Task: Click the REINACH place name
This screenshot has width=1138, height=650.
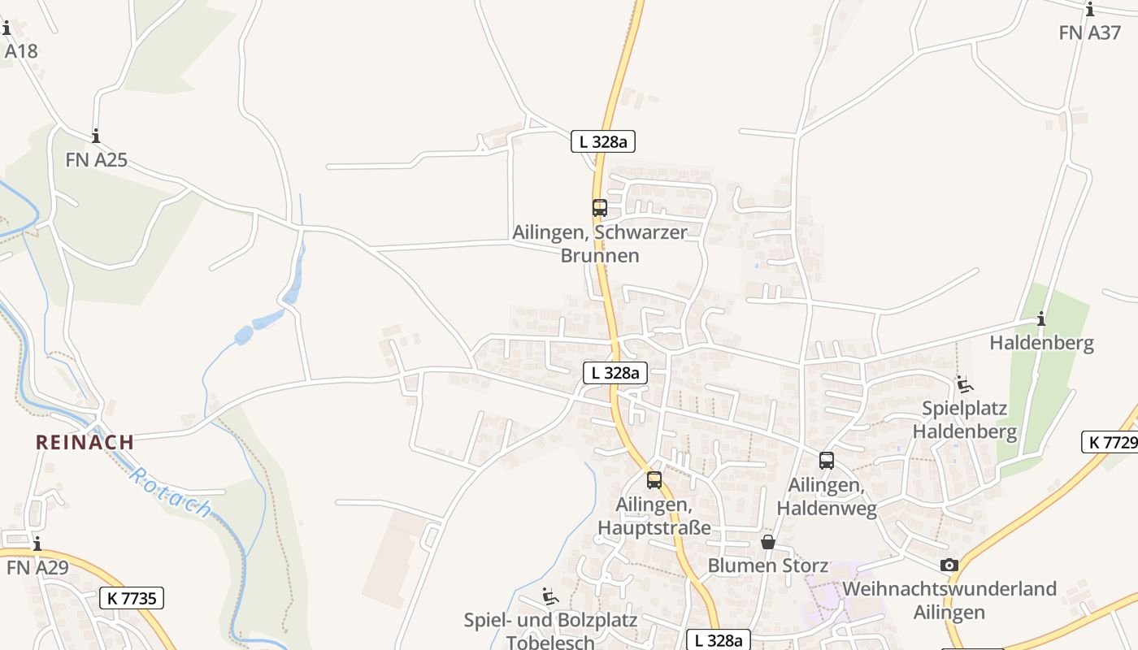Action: click(85, 442)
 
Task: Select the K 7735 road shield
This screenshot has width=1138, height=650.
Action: click(132, 598)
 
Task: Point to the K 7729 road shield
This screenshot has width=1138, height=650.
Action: click(1110, 442)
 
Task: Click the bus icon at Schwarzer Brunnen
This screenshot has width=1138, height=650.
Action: click(599, 208)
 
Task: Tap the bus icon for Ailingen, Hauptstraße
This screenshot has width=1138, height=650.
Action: click(654, 480)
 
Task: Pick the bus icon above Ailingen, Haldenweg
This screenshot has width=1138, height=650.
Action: click(827, 461)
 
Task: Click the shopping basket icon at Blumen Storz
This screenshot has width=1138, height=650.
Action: click(767, 541)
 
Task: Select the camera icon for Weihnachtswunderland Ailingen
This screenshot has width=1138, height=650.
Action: click(949, 565)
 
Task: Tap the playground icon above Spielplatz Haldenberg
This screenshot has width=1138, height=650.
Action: click(964, 384)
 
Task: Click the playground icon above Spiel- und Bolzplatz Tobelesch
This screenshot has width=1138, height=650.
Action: click(550, 596)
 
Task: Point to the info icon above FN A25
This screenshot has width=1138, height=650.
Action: click(96, 136)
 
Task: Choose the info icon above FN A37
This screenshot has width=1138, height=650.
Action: click(1090, 9)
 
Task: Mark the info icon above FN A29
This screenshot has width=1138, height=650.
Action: click(37, 544)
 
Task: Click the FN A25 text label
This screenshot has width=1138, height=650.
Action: click(96, 159)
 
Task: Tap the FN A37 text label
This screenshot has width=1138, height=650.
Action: click(1090, 32)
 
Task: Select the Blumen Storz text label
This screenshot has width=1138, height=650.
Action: click(767, 565)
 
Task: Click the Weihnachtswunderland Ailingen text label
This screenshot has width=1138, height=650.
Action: click(949, 600)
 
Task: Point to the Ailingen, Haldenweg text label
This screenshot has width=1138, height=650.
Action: click(827, 496)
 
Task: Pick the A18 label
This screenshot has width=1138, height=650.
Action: click(21, 51)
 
